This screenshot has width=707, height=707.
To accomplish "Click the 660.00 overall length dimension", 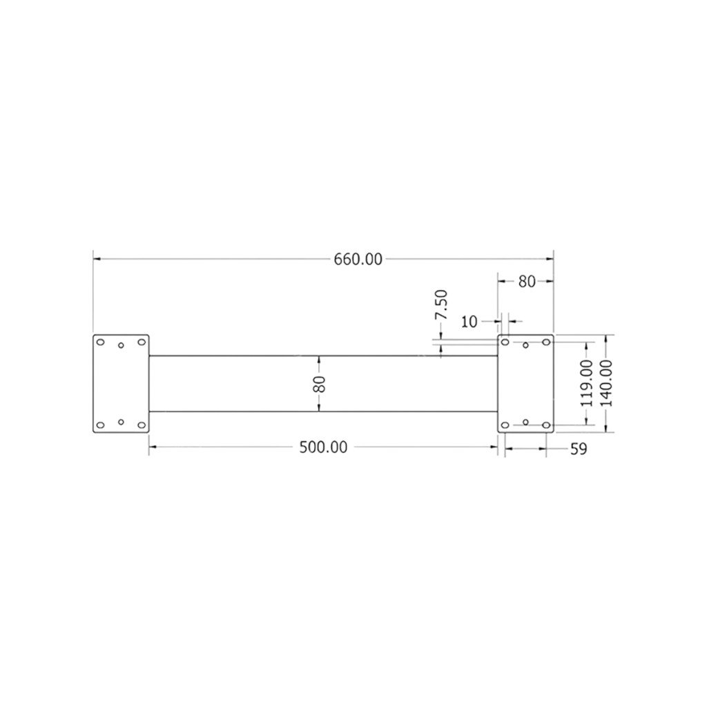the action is (358, 260).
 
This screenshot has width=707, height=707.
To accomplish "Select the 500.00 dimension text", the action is (324, 447).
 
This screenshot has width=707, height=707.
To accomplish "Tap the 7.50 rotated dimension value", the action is (441, 304).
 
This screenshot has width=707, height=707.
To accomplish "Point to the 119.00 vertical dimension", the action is (587, 383).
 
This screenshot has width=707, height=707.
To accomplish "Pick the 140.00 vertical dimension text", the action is (607, 383).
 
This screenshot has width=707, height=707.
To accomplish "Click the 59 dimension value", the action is (579, 449).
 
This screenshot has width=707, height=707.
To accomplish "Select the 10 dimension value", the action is (469, 322).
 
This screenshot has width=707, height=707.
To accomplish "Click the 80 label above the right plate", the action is (527, 282).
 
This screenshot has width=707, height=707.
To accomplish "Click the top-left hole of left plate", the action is (101, 342).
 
